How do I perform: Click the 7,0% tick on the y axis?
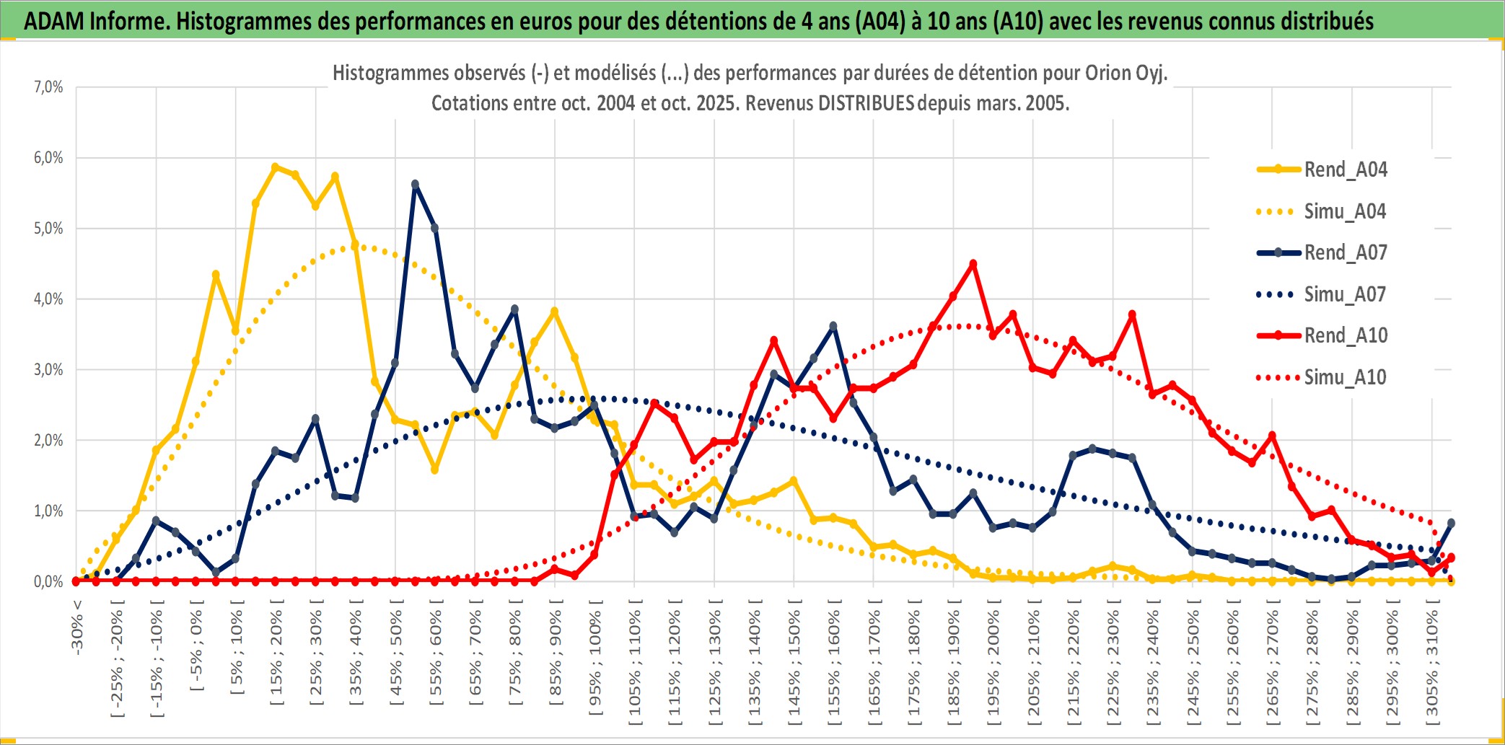(x=48, y=87)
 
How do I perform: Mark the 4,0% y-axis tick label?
(x=48, y=299)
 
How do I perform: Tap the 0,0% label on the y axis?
(x=48, y=581)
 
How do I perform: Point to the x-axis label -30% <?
(x=77, y=626)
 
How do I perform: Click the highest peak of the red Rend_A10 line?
(x=973, y=264)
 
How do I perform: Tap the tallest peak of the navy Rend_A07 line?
(x=415, y=185)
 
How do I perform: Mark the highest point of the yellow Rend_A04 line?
(x=275, y=167)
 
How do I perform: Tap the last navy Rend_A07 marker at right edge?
(x=1451, y=523)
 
